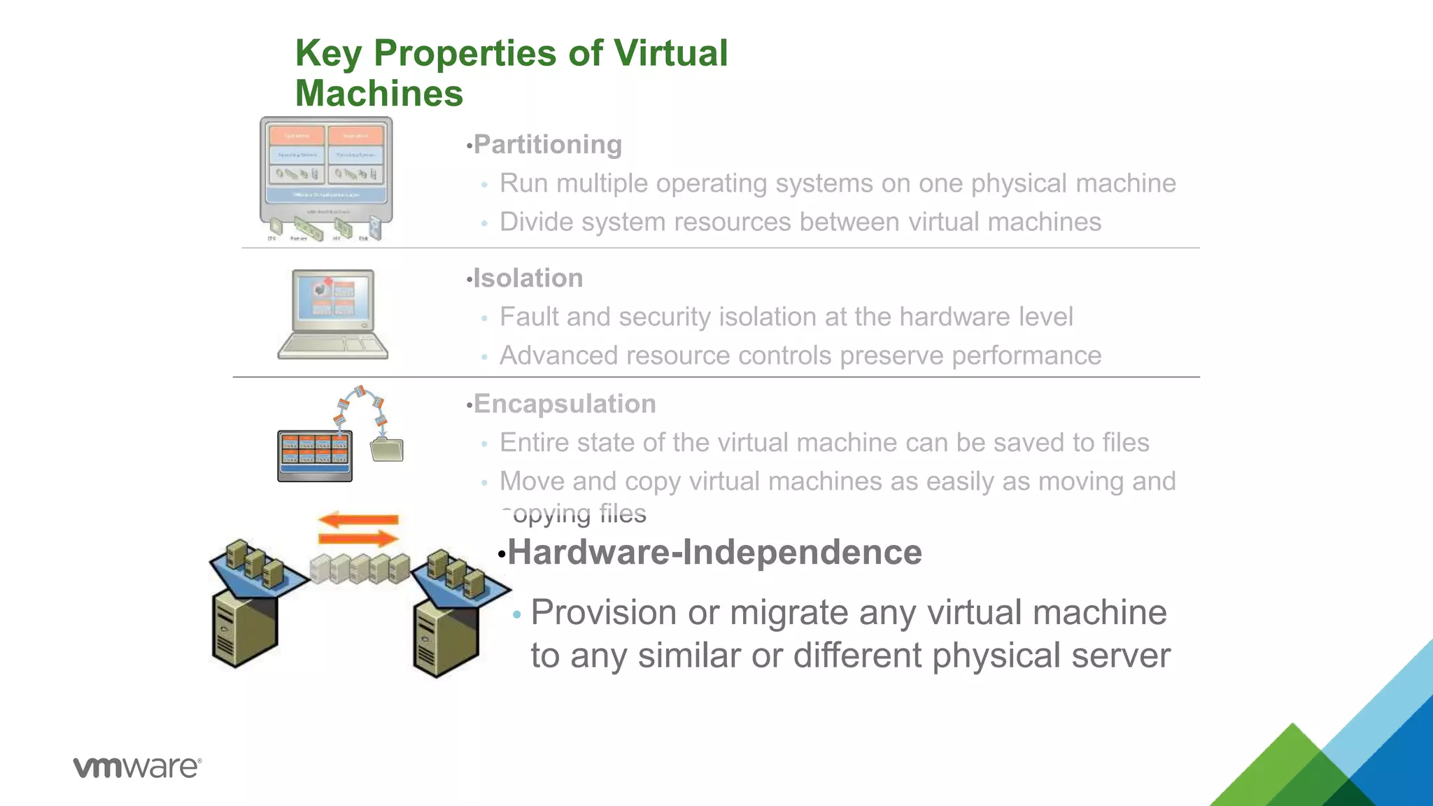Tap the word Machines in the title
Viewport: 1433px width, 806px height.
click(379, 94)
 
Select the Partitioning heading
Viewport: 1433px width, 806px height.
click(547, 145)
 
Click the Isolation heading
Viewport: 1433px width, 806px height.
click(528, 278)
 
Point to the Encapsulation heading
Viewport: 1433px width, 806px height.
click(564, 404)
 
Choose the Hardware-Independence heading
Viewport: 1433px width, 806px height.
click(714, 553)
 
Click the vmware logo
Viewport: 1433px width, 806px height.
click(137, 767)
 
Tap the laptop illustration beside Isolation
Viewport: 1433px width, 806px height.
click(333, 314)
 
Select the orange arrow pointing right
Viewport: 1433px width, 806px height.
click(358, 538)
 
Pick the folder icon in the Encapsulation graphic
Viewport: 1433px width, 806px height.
click(387, 449)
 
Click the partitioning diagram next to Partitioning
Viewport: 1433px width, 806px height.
click(326, 179)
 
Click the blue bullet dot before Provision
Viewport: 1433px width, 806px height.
click(517, 615)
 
